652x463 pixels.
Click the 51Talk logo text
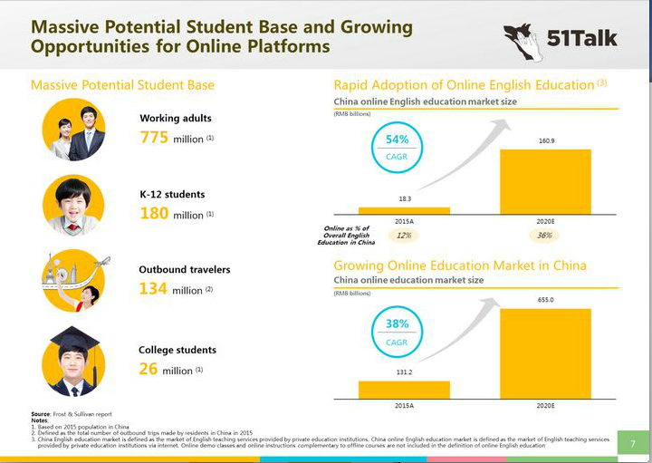(581, 40)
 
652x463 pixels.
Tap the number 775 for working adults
(155, 138)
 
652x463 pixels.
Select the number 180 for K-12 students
(155, 214)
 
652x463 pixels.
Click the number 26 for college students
(149, 369)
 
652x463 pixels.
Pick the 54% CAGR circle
(398, 147)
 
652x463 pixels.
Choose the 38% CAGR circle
(398, 331)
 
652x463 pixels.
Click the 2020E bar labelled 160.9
(545, 181)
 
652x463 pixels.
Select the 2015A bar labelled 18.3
(404, 210)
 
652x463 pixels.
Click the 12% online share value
(404, 236)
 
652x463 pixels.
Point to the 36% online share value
(545, 236)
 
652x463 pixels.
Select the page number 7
(632, 442)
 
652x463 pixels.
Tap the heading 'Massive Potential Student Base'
(122, 85)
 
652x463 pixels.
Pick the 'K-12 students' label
(171, 194)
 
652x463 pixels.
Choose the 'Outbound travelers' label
(184, 269)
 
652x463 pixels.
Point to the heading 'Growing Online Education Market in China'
(459, 265)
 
